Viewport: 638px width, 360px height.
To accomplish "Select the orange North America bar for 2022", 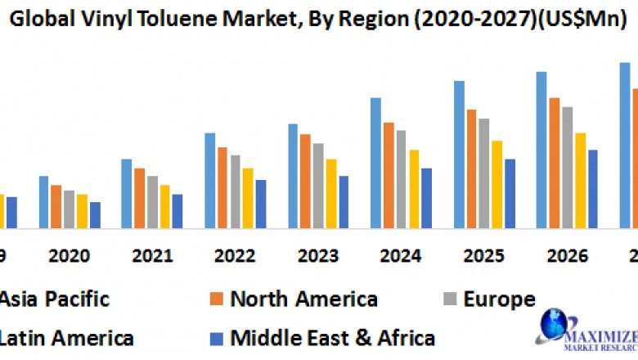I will [222, 187].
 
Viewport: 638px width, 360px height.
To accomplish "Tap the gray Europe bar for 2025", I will [484, 173].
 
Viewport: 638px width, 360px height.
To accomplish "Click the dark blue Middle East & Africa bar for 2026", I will [593, 188].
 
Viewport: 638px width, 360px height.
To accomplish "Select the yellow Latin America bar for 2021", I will [165, 206].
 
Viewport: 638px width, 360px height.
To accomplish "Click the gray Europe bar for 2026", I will [568, 167].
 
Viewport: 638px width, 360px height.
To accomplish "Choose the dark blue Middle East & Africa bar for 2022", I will [261, 204].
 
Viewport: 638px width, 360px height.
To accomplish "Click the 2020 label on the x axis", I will [70, 256].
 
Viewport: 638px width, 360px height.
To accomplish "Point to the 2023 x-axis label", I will [318, 256].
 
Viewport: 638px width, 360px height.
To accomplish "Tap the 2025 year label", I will [483, 256].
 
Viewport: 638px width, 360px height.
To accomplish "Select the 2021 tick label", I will [153, 256].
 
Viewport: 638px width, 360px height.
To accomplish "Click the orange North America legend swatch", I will [217, 299].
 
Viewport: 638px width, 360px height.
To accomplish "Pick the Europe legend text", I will [499, 299].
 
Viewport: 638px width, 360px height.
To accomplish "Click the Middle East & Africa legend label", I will [333, 337].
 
